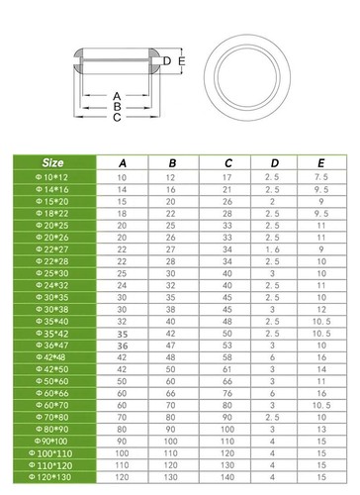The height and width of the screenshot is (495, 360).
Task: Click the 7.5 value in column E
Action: click(x=320, y=177)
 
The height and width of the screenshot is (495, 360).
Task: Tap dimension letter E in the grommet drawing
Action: click(x=181, y=61)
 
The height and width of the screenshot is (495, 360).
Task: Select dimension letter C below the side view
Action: click(x=116, y=118)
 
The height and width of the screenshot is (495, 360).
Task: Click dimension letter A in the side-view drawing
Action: click(x=116, y=97)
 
